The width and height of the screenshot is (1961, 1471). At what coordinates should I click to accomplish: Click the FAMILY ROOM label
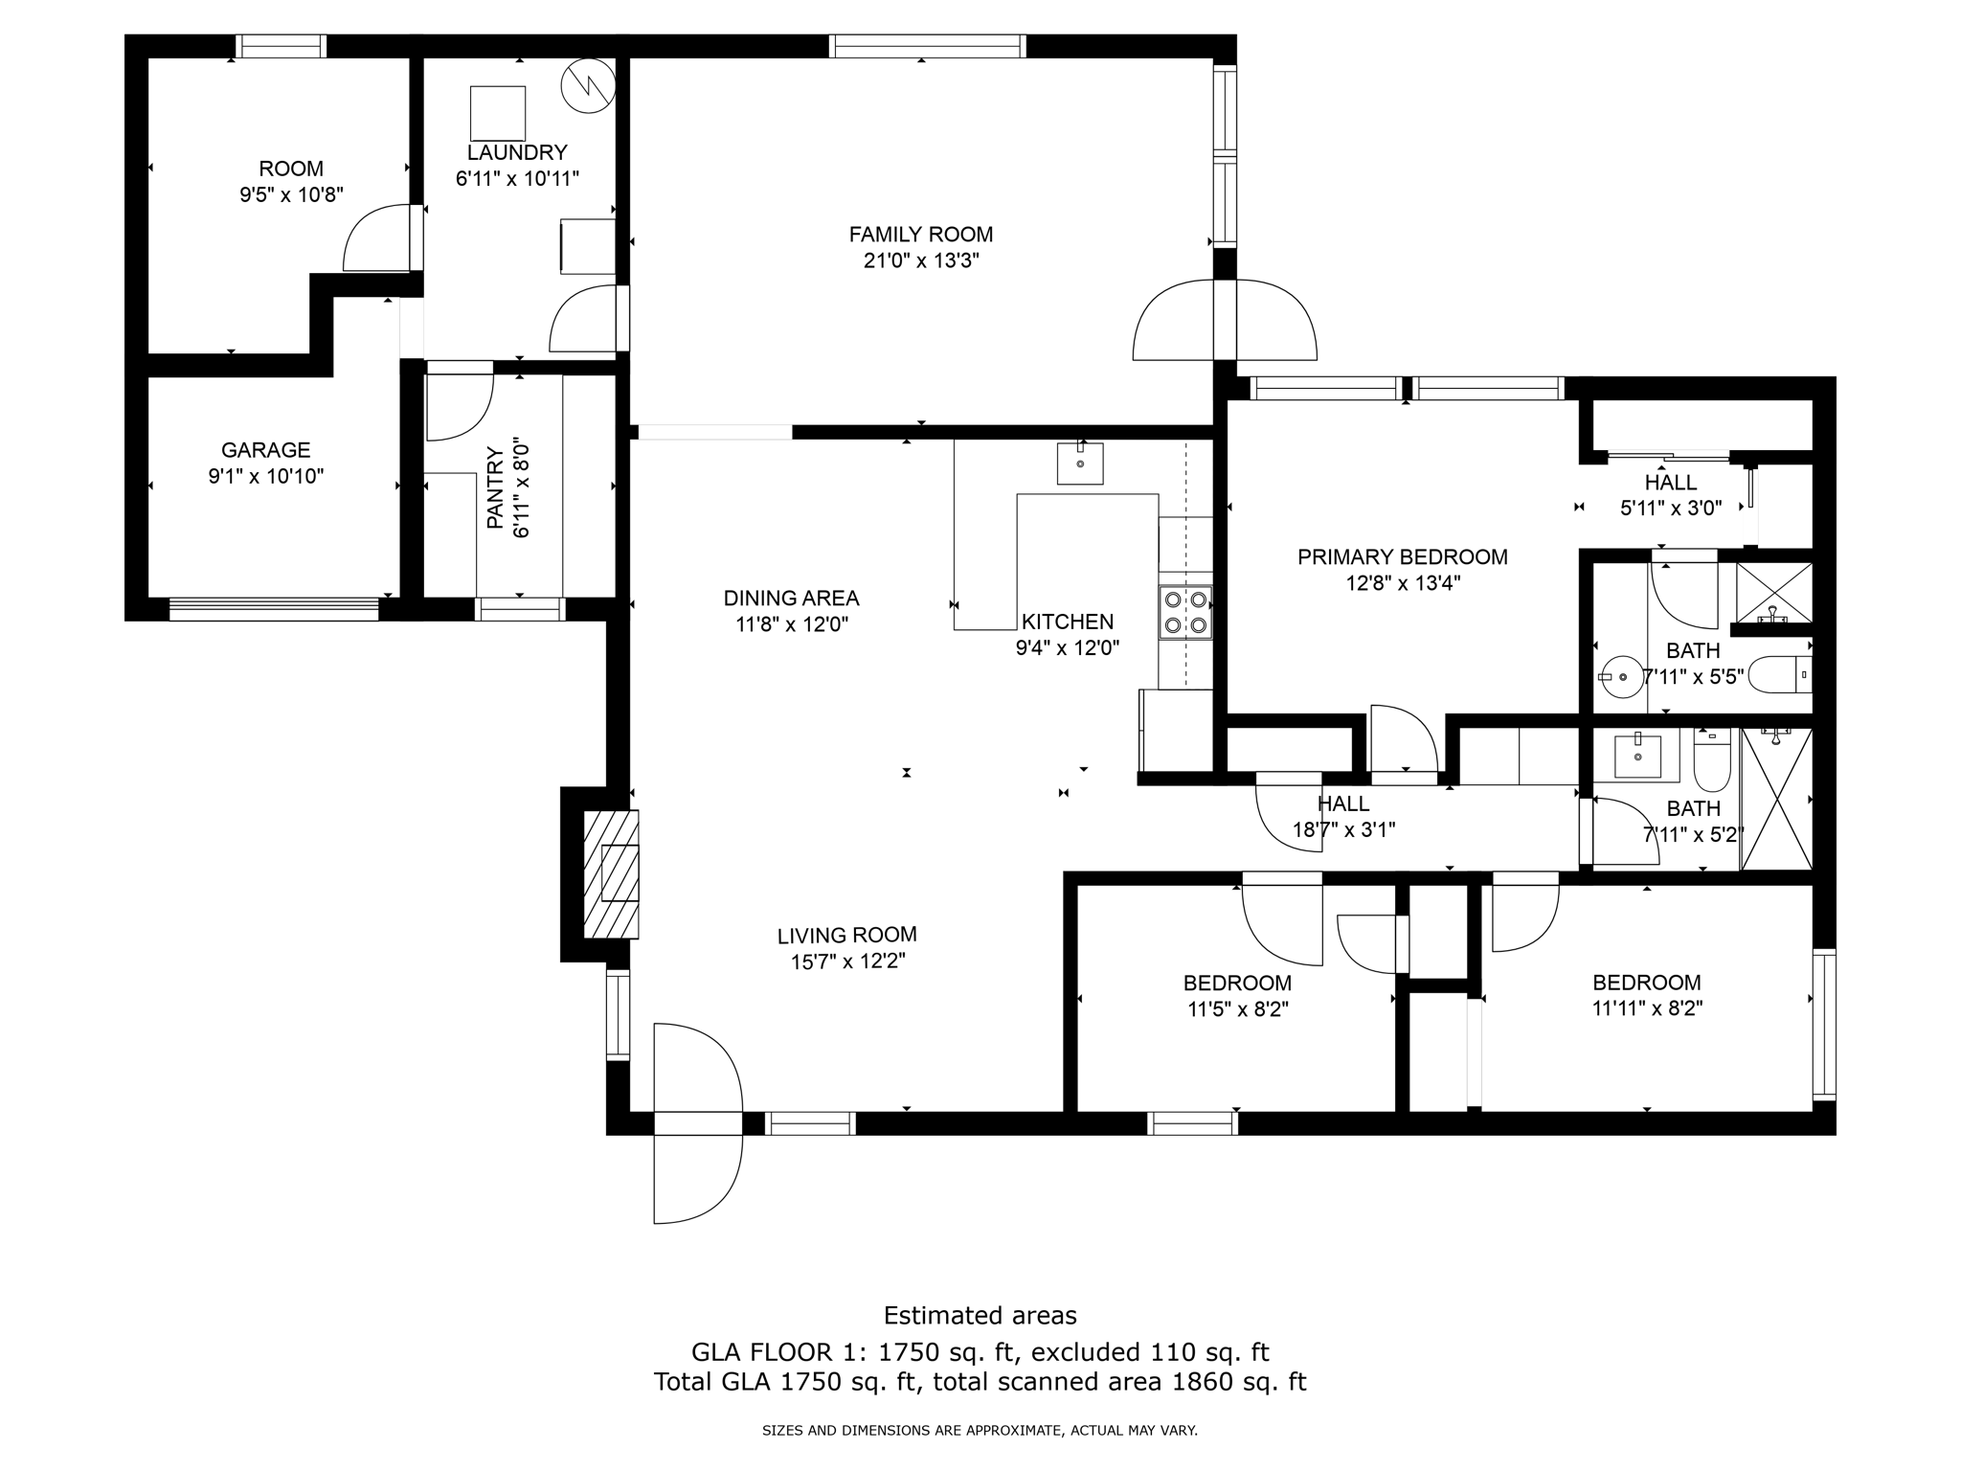tap(921, 235)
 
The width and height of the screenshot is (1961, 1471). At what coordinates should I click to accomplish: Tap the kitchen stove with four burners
tap(1185, 612)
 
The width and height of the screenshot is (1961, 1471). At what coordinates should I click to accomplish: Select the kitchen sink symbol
tap(1080, 464)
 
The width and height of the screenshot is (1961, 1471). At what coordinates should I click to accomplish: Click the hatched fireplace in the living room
tap(611, 873)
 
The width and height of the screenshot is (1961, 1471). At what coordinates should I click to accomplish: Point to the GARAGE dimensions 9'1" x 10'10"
tap(266, 476)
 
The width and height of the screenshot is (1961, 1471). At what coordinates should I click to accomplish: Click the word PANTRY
tap(495, 487)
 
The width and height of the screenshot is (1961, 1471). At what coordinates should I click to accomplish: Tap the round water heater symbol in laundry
tap(587, 85)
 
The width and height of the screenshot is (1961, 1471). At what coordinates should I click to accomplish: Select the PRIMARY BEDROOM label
tap(1403, 557)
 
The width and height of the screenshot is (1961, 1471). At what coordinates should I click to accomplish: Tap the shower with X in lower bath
tap(1776, 800)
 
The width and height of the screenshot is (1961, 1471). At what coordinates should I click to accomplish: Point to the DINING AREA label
tap(791, 599)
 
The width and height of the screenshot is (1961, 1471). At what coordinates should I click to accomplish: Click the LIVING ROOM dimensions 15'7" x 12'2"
tap(847, 962)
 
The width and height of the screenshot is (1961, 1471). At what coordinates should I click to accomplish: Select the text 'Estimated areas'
tap(980, 1316)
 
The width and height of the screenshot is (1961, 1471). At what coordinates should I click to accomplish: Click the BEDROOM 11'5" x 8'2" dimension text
tap(1237, 1009)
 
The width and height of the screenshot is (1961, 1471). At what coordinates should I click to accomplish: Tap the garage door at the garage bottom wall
tap(274, 609)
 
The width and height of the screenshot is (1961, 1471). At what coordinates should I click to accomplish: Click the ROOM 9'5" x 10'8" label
tap(291, 182)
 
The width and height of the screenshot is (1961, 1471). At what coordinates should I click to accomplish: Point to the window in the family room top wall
tap(927, 46)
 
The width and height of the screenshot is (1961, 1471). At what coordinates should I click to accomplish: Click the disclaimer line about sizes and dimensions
tap(980, 1431)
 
